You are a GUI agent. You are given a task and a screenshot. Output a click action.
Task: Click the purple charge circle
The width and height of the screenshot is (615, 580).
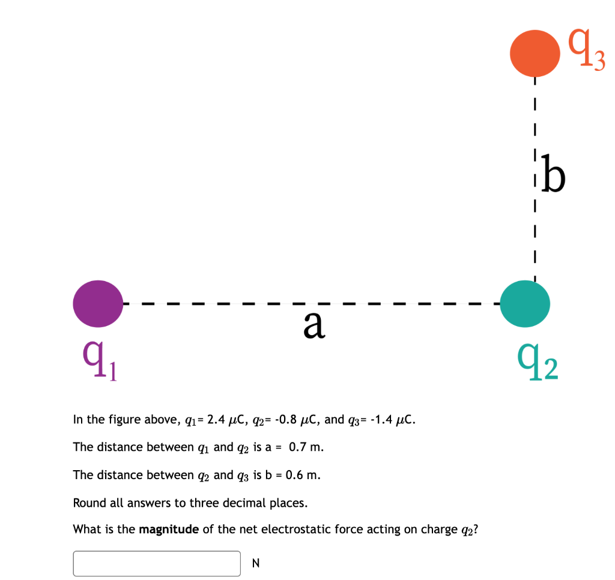(x=98, y=304)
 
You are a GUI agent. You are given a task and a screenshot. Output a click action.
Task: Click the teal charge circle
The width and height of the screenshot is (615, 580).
(x=525, y=304)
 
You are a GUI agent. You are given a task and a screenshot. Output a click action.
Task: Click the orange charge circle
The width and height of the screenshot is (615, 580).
(x=533, y=53)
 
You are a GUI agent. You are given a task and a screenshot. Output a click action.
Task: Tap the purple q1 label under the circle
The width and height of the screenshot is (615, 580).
(x=100, y=362)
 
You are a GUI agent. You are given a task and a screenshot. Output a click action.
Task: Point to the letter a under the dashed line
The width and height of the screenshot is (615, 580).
(x=314, y=325)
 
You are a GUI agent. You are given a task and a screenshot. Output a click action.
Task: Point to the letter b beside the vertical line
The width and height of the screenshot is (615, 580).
(x=553, y=174)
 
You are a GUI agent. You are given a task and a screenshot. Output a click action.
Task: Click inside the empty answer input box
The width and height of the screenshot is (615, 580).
(x=157, y=563)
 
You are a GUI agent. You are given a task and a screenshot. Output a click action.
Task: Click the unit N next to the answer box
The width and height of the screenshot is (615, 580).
(x=256, y=563)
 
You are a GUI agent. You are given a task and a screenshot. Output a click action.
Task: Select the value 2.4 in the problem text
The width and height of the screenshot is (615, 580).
(x=216, y=419)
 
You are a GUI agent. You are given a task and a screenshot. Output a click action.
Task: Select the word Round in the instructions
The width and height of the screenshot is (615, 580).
(x=88, y=503)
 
